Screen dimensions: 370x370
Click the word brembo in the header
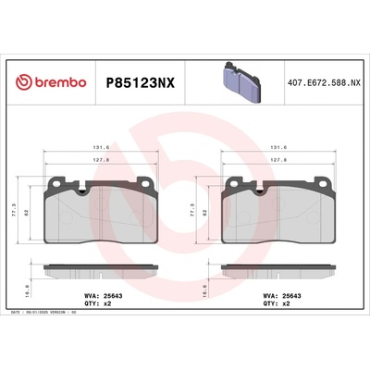click(x=59, y=82)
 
